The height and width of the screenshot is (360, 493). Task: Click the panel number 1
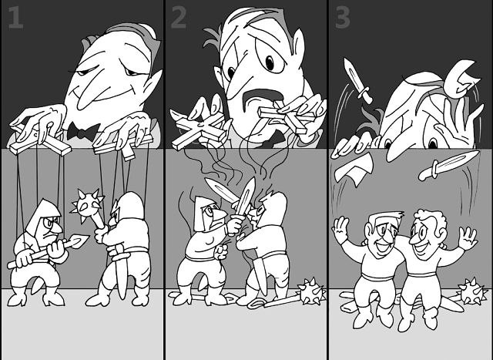(x=15, y=18)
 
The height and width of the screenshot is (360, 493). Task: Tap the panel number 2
(x=179, y=18)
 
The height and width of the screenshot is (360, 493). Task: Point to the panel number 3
(x=342, y=18)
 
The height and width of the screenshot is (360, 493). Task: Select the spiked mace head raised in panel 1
(x=87, y=204)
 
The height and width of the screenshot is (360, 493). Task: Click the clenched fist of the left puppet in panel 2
(x=223, y=251)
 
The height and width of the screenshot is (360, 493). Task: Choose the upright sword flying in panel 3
(x=357, y=80)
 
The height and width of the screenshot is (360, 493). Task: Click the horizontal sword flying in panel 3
(x=449, y=165)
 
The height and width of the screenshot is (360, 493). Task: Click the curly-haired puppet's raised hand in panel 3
(x=468, y=237)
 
